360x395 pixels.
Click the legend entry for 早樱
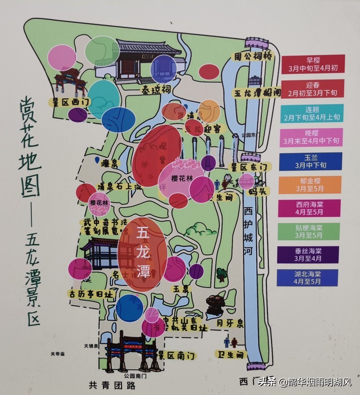[313, 64]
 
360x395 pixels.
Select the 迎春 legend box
[313, 88]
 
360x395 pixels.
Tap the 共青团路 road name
[112, 385]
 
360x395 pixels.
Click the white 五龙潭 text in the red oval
[143, 252]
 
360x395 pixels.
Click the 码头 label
[257, 191]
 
